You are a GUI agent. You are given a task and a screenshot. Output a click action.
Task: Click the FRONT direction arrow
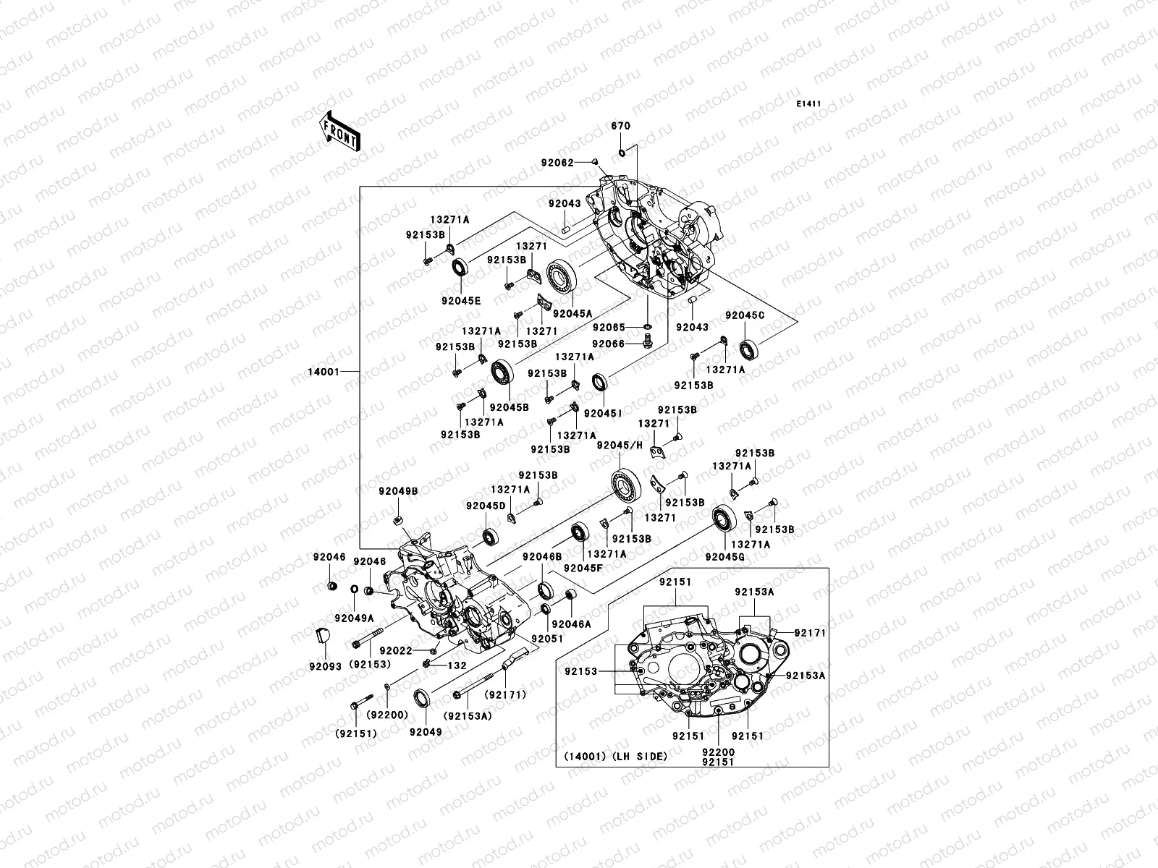coord(342,131)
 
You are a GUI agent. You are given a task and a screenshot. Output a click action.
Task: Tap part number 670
coord(620,126)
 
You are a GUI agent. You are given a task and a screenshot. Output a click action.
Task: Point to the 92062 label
coord(557,163)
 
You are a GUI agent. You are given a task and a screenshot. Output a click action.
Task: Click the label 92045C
coord(745,315)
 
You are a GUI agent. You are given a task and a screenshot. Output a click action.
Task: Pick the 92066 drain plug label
coord(608,344)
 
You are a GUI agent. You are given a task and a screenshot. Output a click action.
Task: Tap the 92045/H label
coord(619,446)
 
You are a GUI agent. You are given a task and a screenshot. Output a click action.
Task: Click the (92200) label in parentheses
coord(387,714)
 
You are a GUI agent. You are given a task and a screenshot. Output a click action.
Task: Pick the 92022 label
coord(395,651)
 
